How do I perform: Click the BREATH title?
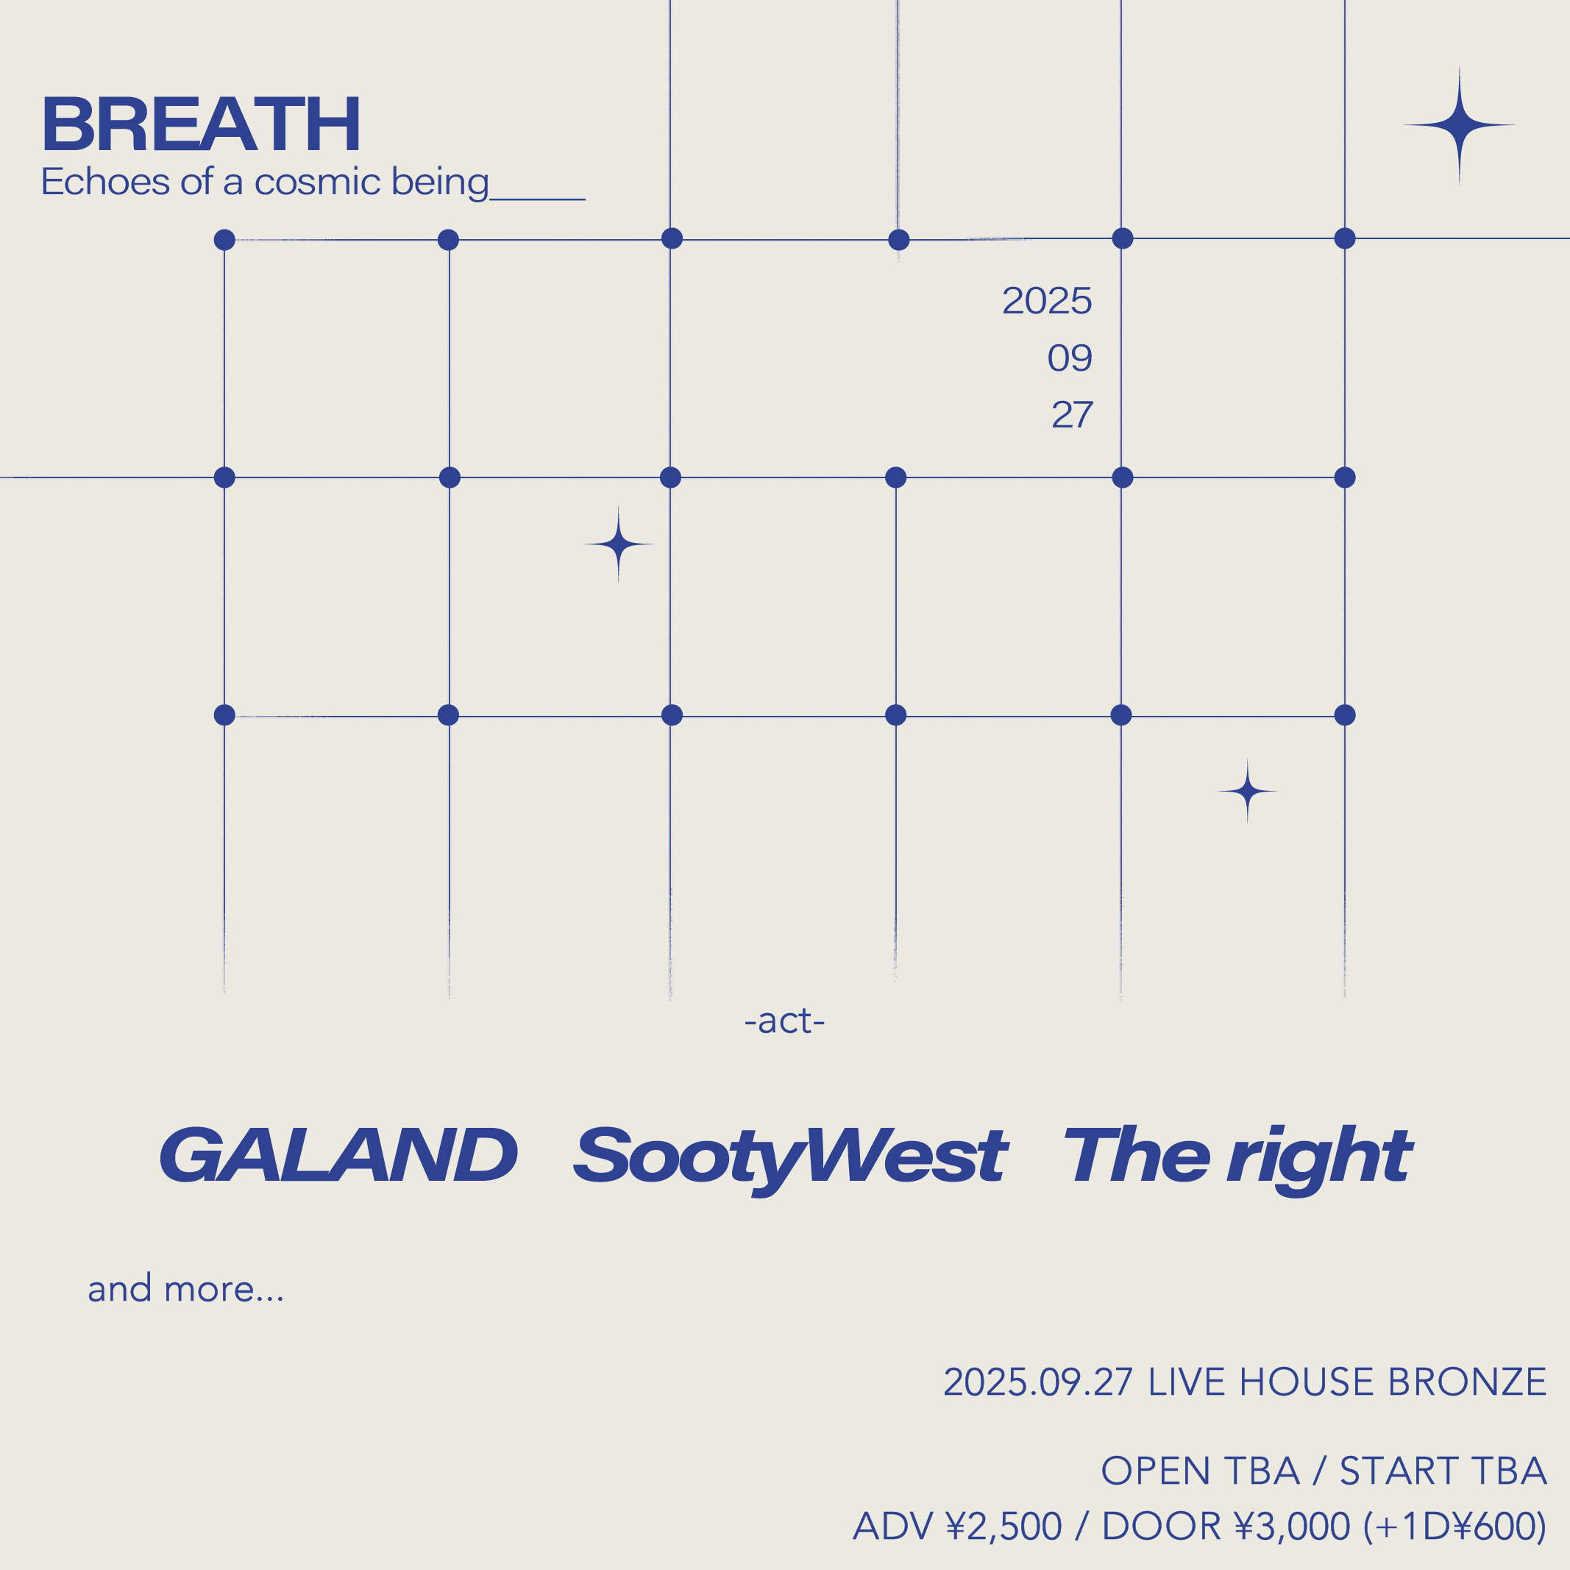point(201,124)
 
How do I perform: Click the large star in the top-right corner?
point(1460,125)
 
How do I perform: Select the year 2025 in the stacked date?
point(1047,301)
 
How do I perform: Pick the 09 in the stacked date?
point(1070,358)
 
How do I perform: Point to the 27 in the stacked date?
point(1072,414)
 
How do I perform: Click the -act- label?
point(785,1021)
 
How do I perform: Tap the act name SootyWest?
point(790,1159)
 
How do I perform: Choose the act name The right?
point(1237,1159)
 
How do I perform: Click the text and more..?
point(185,1290)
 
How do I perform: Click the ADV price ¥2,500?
point(1004,1526)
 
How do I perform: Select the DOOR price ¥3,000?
point(1292,1526)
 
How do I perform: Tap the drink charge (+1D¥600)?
point(1454,1526)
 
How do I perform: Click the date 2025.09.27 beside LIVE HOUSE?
point(1038,1382)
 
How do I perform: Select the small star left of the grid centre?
point(619,544)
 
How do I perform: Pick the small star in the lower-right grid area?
point(1247,791)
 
